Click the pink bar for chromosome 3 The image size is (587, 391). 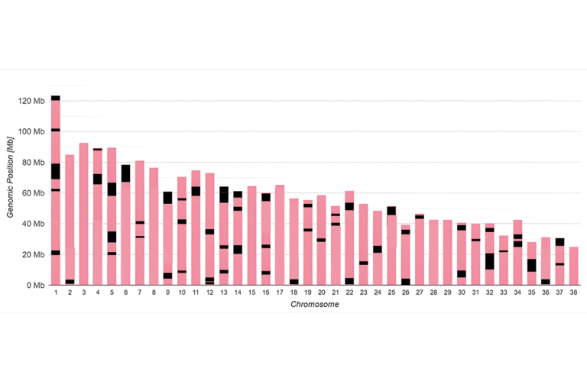83,214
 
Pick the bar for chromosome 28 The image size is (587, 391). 433,252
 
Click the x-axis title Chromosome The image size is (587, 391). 314,305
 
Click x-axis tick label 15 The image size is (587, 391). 251,292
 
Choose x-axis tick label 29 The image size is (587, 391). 447,292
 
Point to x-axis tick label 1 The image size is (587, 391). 55,292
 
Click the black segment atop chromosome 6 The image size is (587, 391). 125,173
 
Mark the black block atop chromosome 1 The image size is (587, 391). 55,98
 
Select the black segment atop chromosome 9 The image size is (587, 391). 167,197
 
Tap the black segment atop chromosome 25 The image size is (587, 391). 391,210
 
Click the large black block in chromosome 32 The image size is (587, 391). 489,260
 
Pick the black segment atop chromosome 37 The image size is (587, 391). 559,241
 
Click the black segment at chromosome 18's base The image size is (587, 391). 293,282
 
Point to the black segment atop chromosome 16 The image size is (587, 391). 265,197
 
